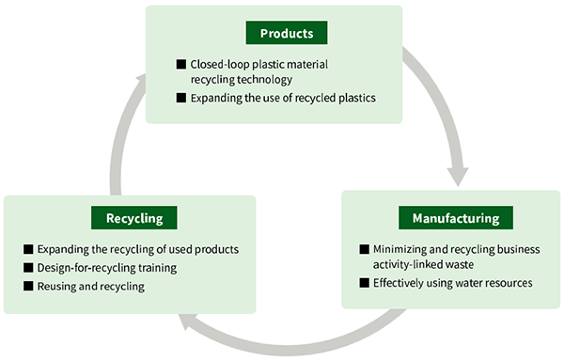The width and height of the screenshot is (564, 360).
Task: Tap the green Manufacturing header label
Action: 455,219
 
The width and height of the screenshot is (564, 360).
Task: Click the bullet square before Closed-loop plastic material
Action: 181,65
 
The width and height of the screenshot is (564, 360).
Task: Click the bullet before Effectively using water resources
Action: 365,282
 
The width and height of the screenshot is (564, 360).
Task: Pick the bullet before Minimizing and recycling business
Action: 365,249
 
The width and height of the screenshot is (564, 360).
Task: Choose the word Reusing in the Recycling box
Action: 58,286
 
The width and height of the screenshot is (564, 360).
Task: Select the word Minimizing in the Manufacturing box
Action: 405,249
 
